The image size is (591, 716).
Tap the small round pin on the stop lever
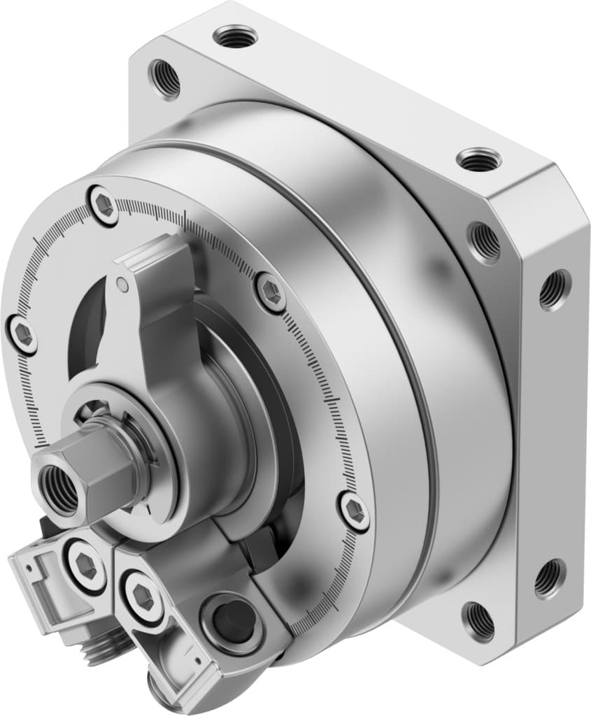[122, 284]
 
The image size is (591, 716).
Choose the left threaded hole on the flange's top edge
[236, 34]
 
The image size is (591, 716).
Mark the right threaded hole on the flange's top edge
[479, 159]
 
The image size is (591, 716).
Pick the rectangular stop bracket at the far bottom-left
[42, 587]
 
